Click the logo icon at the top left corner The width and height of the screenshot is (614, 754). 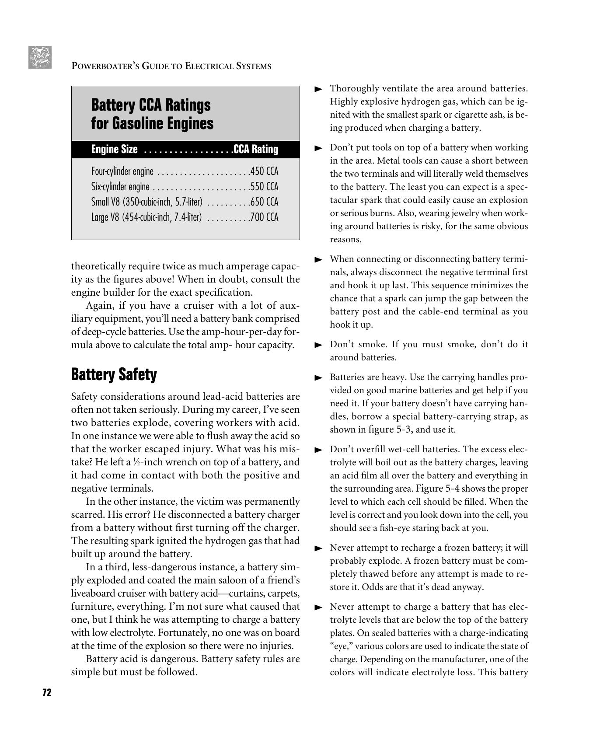[40, 57]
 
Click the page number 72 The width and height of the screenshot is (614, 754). [47, 692]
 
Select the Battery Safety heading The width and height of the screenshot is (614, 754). [114, 375]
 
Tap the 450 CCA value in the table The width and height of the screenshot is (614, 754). [264, 171]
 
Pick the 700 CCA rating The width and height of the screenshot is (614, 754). [264, 217]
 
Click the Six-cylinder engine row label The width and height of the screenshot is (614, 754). [120, 187]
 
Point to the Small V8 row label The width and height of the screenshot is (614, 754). [147, 202]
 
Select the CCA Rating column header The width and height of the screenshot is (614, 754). [256, 150]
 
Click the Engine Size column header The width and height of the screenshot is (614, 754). [114, 150]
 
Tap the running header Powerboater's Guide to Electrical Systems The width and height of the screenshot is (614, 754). [171, 66]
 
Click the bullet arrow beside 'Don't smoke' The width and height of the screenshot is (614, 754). [318, 345]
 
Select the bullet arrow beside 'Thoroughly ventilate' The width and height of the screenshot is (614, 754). [318, 89]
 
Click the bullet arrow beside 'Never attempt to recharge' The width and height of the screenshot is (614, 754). [318, 548]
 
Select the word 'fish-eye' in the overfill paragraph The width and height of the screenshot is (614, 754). [402, 528]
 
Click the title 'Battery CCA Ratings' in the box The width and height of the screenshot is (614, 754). [150, 105]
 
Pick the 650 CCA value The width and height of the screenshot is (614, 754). [264, 202]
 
